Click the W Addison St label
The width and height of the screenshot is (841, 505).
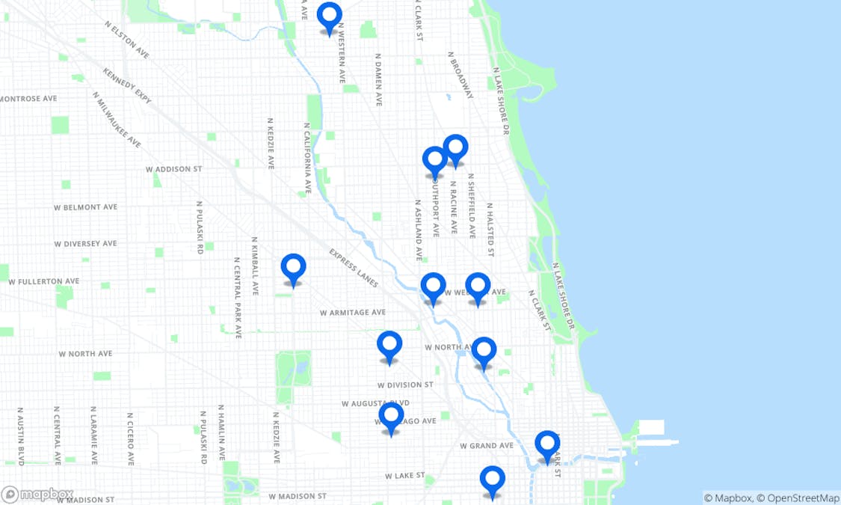point(173,169)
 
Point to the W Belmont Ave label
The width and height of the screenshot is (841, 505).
point(85,207)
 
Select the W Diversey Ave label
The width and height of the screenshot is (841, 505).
point(85,243)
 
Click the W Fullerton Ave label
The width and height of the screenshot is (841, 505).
point(43,281)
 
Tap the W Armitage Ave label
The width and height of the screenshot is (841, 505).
point(352,312)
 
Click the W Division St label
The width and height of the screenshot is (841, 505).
point(405,385)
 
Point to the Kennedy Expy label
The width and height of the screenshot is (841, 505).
point(127,87)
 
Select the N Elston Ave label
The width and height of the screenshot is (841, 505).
point(127,40)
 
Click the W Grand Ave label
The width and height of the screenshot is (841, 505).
point(486,445)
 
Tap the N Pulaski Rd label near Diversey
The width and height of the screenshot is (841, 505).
point(200,227)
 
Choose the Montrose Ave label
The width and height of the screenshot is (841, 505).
point(28,98)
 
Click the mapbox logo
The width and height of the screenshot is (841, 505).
point(37,495)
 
